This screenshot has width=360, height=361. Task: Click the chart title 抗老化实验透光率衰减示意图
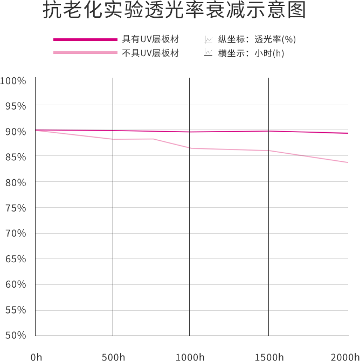174,11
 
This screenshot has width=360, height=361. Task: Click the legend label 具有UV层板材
150,39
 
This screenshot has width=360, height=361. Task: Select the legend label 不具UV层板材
150,53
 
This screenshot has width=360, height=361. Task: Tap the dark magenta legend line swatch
85,39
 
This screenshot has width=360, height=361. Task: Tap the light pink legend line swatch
85,53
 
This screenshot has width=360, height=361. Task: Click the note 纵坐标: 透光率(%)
257,39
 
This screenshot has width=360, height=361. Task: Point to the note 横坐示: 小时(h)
251,53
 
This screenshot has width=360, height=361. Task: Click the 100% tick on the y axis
13,81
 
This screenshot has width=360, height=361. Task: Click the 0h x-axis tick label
36,357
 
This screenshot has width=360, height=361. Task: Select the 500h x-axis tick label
113,357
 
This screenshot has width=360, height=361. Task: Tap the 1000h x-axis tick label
190,357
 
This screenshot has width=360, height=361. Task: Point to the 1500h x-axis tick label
269,357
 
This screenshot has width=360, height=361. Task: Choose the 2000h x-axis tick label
345,357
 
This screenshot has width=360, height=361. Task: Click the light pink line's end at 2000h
348,162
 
